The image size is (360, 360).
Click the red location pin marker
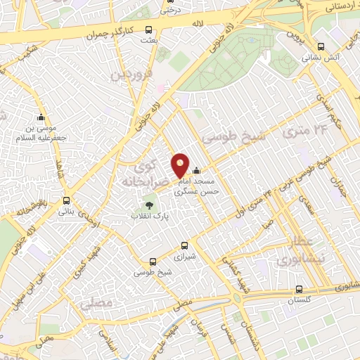[180, 166]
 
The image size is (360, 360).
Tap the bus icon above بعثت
[148, 30]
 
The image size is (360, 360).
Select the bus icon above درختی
[168, 1]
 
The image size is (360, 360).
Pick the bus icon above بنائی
[66, 200]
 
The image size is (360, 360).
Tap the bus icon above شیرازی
[184, 245]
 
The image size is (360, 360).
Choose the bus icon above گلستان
[300, 288]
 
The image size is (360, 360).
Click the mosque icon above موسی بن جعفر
[41, 117]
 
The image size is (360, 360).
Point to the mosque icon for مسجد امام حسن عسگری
[196, 169]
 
